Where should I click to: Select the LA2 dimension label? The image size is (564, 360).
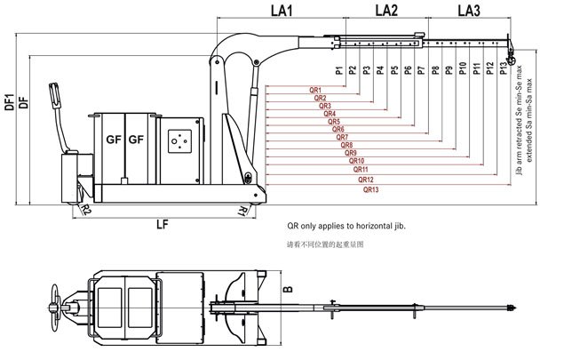(386, 11)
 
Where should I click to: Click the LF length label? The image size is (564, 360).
(163, 223)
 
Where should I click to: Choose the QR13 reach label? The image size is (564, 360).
(371, 189)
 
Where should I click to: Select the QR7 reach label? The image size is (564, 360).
(342, 139)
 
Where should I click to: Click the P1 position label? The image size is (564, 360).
(339, 69)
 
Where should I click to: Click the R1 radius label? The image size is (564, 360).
(242, 209)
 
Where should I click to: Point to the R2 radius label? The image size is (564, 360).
(87, 209)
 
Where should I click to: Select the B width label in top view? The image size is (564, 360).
(286, 289)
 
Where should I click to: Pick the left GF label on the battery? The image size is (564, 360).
(113, 140)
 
